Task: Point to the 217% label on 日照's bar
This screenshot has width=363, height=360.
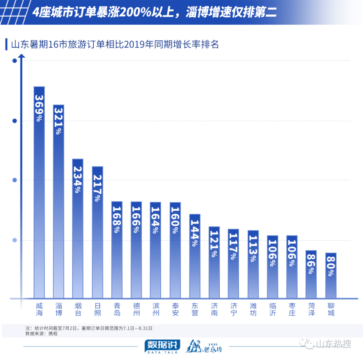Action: coord(98,188)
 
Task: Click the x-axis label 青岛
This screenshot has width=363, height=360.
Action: coord(117,309)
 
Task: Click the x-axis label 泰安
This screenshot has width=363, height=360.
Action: coord(175,309)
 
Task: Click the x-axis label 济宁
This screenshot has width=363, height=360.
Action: coord(233,309)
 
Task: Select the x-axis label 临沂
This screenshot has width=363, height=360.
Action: coord(272,309)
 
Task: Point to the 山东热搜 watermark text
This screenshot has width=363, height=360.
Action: coord(333,344)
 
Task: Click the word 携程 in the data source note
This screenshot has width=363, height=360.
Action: coord(53,334)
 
